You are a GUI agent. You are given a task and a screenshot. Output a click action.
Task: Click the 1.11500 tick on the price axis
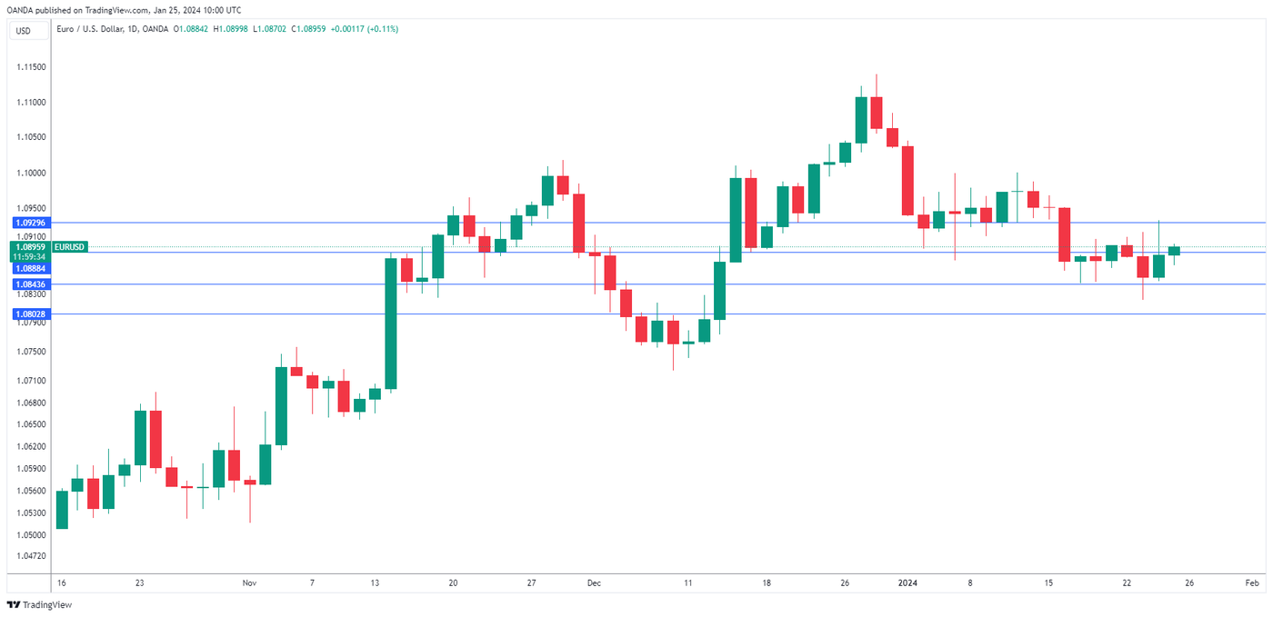click(x=31, y=67)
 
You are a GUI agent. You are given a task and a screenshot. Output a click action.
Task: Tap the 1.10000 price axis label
click(x=31, y=173)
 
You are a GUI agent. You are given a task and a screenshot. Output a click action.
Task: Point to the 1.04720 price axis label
click(x=31, y=555)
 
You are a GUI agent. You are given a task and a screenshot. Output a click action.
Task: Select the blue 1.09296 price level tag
click(x=30, y=223)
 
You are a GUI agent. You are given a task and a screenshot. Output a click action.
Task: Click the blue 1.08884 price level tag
click(x=30, y=269)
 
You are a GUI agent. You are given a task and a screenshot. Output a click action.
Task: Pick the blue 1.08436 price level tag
click(x=30, y=284)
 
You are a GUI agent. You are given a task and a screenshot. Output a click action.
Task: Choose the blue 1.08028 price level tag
click(x=30, y=314)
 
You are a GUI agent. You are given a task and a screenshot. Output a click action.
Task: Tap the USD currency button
click(x=23, y=31)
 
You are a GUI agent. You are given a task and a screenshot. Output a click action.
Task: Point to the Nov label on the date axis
click(x=250, y=582)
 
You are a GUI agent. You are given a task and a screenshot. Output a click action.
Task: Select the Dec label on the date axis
click(x=594, y=582)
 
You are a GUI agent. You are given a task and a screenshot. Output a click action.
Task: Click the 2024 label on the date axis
click(x=907, y=582)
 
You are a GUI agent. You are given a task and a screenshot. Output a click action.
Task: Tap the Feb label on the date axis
click(x=1251, y=582)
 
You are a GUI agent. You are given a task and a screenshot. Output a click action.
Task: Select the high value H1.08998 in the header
click(x=224, y=29)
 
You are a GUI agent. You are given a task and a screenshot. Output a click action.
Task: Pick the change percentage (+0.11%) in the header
click(x=382, y=29)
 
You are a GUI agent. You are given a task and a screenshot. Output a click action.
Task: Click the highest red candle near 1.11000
click(x=877, y=113)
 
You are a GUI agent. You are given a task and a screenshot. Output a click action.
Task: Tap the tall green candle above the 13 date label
click(x=391, y=323)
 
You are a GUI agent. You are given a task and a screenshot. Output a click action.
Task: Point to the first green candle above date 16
click(x=62, y=509)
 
